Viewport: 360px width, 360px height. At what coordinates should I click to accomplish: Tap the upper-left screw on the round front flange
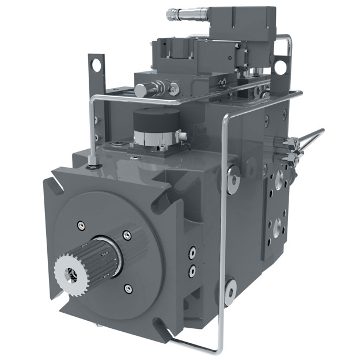(81, 225)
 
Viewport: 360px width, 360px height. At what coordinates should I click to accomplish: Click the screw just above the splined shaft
(125, 235)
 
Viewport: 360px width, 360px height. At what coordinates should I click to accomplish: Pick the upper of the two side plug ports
(192, 252)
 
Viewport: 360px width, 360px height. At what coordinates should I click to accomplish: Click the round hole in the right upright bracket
(280, 67)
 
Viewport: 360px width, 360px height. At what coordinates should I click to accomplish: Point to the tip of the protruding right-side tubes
(321, 131)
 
